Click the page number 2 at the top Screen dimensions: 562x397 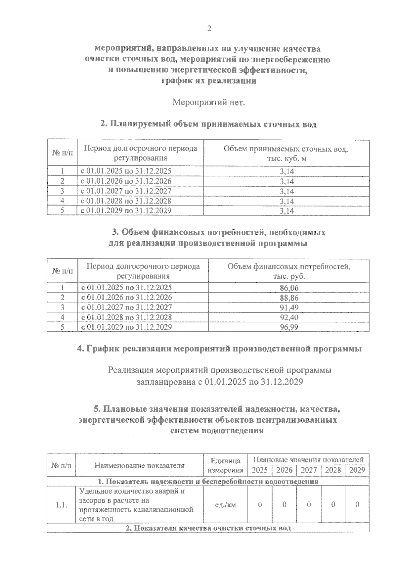pos(209,29)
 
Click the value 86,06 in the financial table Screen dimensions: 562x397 pos(289,288)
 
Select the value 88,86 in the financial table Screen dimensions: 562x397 pos(289,298)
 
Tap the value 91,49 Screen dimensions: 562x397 pos(289,308)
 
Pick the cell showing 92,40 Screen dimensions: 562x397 pos(289,318)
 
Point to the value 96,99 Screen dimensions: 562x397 pos(289,328)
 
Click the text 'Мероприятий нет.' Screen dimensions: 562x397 pos(209,102)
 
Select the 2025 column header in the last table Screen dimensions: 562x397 pos(260,470)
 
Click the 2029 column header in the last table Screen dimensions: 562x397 pos(357,470)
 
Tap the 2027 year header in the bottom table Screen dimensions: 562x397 pos(308,470)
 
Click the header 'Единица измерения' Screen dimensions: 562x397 pos(225,465)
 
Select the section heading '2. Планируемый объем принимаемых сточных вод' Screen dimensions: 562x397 pos(208,124)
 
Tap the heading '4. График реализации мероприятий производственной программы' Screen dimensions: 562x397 pos(219,349)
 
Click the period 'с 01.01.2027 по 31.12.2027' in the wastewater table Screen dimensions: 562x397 pos(126,191)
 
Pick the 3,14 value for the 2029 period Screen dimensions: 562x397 pos(287,211)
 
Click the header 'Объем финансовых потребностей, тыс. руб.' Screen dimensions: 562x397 pos(289,271)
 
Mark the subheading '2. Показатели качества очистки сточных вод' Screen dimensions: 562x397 pos(208,528)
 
